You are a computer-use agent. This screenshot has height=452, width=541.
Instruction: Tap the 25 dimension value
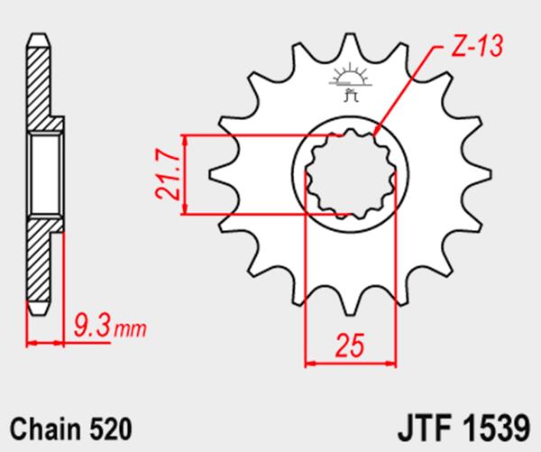pos(350,345)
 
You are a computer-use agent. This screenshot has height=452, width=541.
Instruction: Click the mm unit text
pos(130,329)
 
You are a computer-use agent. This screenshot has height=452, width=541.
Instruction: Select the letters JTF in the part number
pos(425,429)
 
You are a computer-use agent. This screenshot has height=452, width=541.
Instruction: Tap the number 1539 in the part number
pos(496,429)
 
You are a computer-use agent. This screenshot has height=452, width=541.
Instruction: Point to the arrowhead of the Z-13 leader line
pos(377,130)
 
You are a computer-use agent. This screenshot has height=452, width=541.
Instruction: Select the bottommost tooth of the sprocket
pos(350,303)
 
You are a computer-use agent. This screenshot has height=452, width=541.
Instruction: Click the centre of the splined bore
pos(350,174)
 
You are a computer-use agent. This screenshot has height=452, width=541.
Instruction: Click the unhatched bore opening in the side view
pos(45,175)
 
